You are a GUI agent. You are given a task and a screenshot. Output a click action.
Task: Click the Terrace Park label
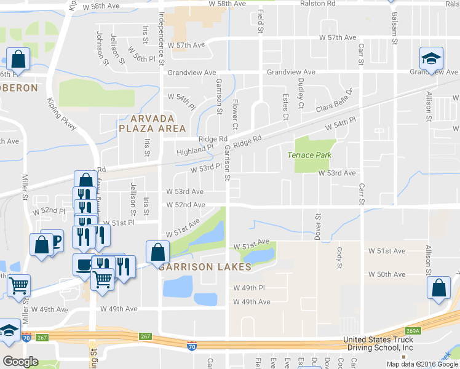pos(309,155)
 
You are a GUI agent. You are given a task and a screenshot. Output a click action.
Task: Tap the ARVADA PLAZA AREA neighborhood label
pos(153,123)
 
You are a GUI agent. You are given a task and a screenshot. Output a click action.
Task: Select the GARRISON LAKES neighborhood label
pos(205,268)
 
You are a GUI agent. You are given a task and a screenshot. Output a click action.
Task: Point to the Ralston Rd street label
pos(317,4)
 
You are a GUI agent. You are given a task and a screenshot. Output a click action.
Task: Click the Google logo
pos(20,362)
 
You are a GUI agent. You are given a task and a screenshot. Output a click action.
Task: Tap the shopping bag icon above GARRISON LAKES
pos(157,252)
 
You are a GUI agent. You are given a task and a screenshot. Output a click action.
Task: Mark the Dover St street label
pos(318,226)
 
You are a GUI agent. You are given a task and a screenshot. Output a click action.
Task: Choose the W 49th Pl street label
pos(248,288)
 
